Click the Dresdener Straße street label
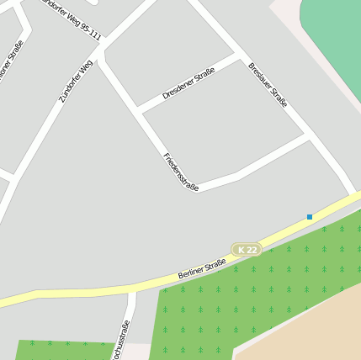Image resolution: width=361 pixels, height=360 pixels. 188,83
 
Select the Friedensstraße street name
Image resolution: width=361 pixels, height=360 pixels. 181,171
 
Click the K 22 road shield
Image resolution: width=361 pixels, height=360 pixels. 246,250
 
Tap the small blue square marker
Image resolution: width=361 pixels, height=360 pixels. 310,217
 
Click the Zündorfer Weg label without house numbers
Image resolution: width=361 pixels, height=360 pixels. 76,82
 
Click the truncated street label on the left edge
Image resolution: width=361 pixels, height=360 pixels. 9,61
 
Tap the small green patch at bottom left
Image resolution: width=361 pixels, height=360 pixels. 59,350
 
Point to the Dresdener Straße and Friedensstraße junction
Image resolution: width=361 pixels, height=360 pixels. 138,110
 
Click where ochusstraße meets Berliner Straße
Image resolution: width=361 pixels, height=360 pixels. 132,289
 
